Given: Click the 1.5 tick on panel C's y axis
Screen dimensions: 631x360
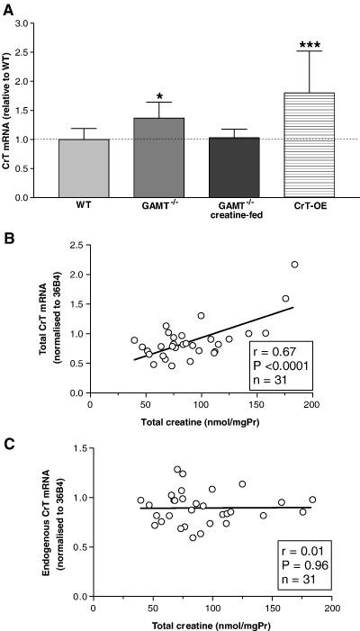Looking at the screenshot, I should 82,448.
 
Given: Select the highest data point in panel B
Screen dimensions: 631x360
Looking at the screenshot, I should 294,265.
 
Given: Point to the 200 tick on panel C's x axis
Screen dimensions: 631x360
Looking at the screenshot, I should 331,608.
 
